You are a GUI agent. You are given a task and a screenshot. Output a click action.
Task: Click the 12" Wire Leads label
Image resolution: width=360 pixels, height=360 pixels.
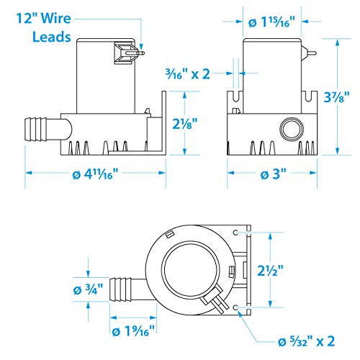click(x=44, y=27)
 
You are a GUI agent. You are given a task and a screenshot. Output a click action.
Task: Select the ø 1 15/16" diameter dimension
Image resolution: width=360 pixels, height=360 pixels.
click(x=271, y=22)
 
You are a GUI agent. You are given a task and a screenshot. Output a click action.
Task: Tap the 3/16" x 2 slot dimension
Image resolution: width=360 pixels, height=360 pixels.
click(x=188, y=74)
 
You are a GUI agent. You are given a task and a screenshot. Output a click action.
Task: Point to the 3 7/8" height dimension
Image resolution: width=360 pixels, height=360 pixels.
click(x=336, y=97)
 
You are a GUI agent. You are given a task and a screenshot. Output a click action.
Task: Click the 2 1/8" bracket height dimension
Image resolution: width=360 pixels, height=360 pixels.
click(x=185, y=123)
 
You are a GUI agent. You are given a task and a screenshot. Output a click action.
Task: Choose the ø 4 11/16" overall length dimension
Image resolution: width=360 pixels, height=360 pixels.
click(x=95, y=174)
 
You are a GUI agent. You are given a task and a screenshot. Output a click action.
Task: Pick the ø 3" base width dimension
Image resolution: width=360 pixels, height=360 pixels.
click(x=274, y=174)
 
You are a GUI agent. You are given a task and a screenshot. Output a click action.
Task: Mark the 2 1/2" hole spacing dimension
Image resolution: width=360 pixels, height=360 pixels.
click(x=270, y=271)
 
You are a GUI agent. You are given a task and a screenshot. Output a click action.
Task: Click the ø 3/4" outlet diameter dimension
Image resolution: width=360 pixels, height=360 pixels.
click(x=88, y=289)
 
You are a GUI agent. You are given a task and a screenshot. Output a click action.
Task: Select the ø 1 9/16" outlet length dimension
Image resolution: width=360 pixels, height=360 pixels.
click(x=133, y=331)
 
